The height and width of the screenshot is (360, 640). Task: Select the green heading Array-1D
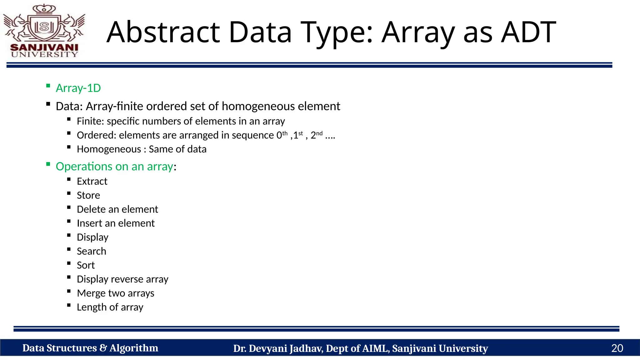pos(78,88)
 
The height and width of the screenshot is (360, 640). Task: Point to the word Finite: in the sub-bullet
pos(90,121)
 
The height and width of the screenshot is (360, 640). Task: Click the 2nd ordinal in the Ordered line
pos(316,135)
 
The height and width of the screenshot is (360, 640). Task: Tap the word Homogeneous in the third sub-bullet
pos(109,149)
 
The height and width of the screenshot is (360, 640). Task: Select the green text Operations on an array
pos(114,166)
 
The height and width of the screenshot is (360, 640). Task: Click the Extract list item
pos(92,181)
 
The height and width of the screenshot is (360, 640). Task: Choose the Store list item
pos(88,195)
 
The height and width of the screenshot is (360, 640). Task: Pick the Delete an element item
pos(117,209)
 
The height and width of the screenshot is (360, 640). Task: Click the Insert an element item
pos(116,223)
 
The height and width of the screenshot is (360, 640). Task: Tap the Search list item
pos(91,251)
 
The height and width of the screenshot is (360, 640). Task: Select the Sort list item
pos(86,265)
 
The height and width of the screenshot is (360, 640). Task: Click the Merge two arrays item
pos(115,293)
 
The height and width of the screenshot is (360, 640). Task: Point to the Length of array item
pos(110,307)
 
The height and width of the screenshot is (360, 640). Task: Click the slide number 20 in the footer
pos(617,348)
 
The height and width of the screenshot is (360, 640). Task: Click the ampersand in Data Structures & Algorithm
pos(103,348)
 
